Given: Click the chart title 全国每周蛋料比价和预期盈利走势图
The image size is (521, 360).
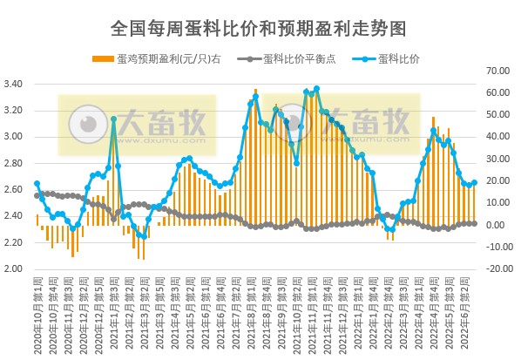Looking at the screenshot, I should [x=259, y=28].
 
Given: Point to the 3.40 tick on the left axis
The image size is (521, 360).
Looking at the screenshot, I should [x=14, y=85].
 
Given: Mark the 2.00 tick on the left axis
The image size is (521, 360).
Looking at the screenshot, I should [x=14, y=268].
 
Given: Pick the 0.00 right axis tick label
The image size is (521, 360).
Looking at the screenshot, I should [x=495, y=225].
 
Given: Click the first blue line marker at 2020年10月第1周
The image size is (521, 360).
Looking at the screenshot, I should [x=37, y=183].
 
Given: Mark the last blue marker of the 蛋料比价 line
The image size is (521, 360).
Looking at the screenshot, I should [x=474, y=182].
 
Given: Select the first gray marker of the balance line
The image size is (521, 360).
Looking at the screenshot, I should [x=37, y=195].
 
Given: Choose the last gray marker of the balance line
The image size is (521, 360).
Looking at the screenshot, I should [x=474, y=223].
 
